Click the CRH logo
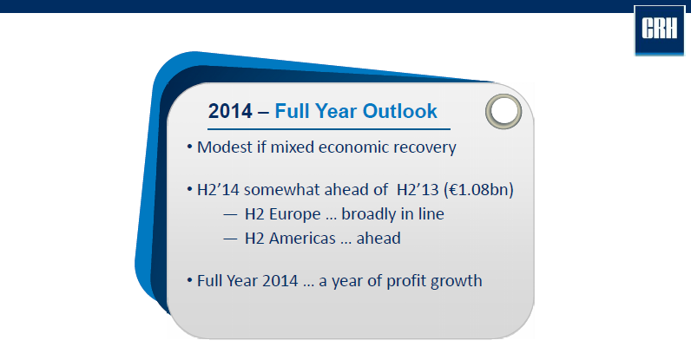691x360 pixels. pos(659,30)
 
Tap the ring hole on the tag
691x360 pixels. pos(503,111)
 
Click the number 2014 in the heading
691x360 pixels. pos(230,111)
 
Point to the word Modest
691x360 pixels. pos(224,147)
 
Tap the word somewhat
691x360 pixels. pos(282,189)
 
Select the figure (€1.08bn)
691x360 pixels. pos(479,189)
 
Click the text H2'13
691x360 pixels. pos(418,189)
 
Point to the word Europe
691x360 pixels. pos(295,214)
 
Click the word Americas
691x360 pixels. pos(302,239)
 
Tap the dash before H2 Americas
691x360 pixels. pos(230,239)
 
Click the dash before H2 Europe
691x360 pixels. pos(230,215)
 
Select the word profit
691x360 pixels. pos(405,282)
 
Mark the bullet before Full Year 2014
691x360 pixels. pos(189,280)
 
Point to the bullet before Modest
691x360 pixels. pos(189,147)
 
